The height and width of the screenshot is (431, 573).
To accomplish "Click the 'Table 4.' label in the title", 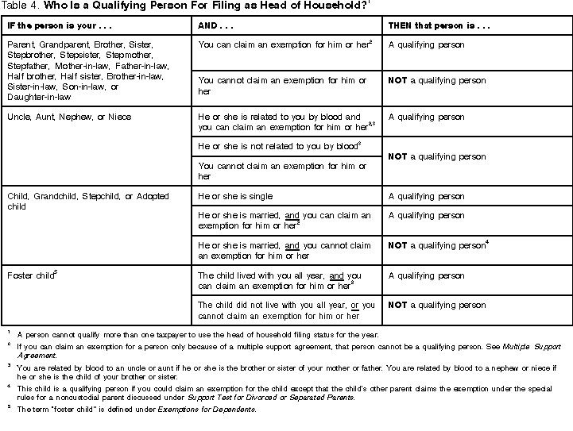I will pos(17,7).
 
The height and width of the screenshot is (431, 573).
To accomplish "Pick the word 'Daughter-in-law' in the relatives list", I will pos(37,97).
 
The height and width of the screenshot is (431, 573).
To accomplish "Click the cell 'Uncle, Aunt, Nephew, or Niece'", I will pos(69,117).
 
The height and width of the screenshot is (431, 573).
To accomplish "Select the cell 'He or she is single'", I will pos(235,196).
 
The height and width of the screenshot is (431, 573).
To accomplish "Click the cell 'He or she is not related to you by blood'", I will pos(278,146).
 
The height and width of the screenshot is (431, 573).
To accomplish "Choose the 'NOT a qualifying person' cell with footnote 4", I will pos(437,246).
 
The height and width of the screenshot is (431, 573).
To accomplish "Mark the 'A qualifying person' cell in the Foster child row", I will pos(426,275).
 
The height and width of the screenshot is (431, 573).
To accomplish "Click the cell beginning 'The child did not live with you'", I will pos(286,310).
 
